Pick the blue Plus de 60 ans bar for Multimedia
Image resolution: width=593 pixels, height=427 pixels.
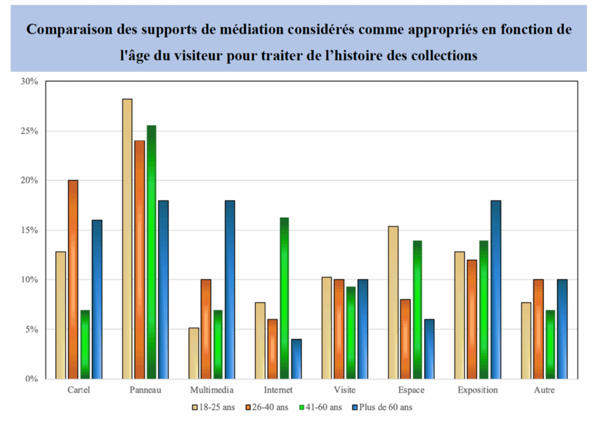230,290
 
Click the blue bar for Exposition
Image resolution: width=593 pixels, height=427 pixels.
496,290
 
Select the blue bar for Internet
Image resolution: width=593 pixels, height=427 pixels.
296,359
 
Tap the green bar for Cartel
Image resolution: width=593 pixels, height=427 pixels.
85,344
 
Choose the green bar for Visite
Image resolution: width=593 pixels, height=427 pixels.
351,333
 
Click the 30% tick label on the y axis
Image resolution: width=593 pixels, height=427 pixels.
29,82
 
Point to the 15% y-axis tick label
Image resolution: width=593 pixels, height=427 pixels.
29,230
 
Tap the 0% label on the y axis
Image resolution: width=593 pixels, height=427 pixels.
31,379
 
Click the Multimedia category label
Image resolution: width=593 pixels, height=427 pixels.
212,390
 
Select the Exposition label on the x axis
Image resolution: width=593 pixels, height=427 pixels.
477,390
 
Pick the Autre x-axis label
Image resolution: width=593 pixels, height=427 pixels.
544,390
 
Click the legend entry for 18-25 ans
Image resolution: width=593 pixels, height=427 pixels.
215,408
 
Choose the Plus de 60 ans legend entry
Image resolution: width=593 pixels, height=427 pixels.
383,408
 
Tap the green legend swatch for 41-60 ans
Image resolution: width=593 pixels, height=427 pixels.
301,408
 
